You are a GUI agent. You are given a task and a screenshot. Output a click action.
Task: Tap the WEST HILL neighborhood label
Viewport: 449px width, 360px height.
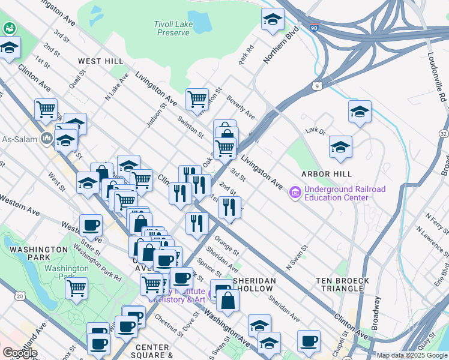pos(101,61)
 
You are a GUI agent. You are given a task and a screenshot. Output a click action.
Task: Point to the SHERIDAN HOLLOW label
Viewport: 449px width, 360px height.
pos(255,285)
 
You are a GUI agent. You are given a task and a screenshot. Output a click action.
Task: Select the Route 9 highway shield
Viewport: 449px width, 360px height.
pos(316,87)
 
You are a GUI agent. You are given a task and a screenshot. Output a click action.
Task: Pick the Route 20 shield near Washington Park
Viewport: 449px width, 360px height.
pos(20,296)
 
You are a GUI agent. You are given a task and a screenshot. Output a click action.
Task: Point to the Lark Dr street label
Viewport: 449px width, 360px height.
pos(314,130)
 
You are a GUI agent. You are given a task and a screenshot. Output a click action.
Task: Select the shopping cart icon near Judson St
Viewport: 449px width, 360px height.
pos(197,98)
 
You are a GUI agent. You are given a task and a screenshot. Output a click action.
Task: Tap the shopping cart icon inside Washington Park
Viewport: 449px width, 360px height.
pos(76,287)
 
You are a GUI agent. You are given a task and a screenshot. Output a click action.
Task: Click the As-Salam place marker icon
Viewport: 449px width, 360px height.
pos(47,139)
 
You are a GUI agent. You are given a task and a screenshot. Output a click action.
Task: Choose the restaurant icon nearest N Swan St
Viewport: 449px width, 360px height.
pos(229,207)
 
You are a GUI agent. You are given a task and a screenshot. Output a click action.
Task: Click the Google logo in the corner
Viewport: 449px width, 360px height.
pos(19,353)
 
